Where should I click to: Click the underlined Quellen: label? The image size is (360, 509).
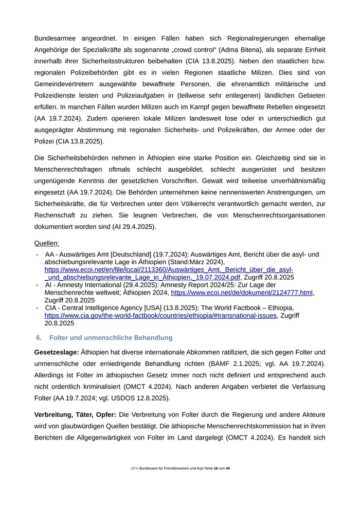[47, 243]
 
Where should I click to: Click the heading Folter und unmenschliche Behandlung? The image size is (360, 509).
[111, 338]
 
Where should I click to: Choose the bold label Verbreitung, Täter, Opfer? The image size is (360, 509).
[76, 414]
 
